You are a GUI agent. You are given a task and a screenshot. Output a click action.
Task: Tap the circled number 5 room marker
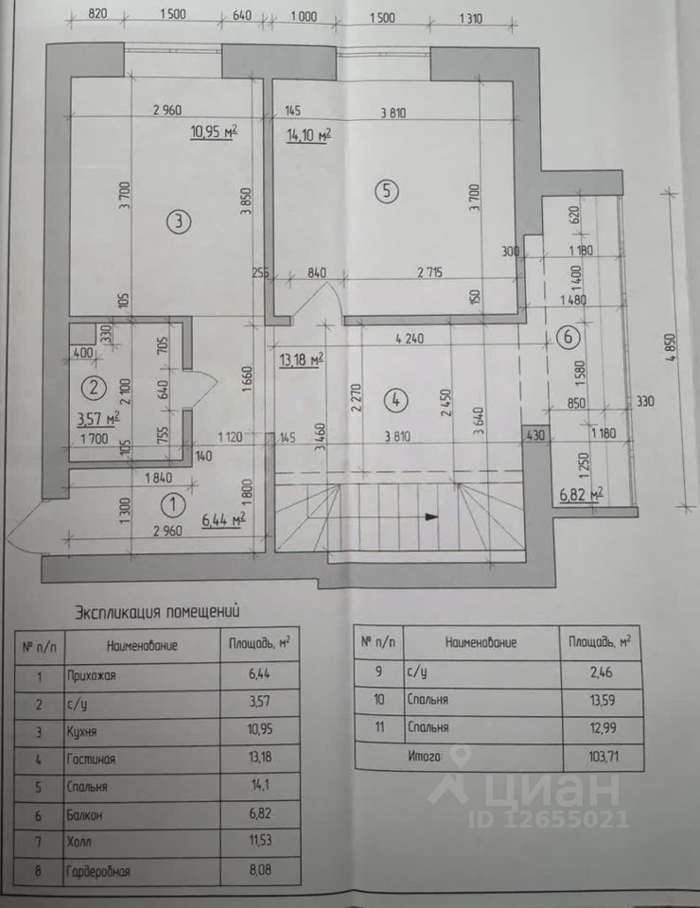(x=385, y=190)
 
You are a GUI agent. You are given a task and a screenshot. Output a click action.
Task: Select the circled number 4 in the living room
(x=398, y=399)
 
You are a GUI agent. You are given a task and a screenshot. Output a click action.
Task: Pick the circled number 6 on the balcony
(x=567, y=335)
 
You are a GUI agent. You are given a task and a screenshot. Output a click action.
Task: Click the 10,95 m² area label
(x=213, y=132)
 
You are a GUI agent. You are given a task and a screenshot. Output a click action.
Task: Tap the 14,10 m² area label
(x=307, y=135)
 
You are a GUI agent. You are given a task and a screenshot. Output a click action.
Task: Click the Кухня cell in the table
(x=81, y=731)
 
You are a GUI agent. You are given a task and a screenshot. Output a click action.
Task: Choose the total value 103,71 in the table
(x=595, y=756)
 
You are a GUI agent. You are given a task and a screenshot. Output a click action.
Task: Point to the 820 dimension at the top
(x=99, y=13)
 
